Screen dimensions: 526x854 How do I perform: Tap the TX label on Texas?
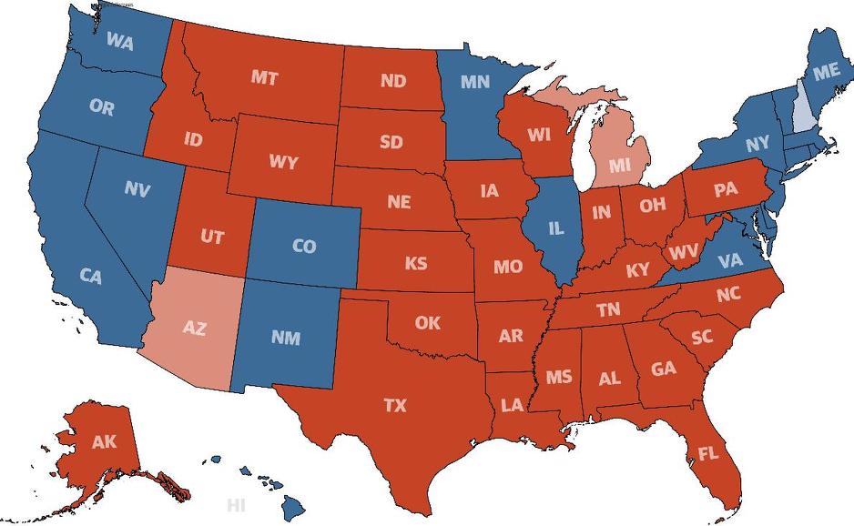[395, 406]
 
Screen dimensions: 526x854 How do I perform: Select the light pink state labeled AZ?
[194, 329]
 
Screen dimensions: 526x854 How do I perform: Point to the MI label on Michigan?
[620, 166]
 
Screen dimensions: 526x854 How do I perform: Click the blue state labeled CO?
[304, 247]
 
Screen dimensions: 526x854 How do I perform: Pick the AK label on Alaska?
[104, 443]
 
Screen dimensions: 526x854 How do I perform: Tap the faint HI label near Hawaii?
[237, 504]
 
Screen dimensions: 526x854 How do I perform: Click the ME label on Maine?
[826, 71]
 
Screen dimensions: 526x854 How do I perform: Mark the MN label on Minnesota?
[474, 82]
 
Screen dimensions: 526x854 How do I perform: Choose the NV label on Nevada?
[137, 190]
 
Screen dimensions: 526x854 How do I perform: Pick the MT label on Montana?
[264, 78]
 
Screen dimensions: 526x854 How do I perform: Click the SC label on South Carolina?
[701, 337]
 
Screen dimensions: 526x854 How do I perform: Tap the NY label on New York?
[757, 145]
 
